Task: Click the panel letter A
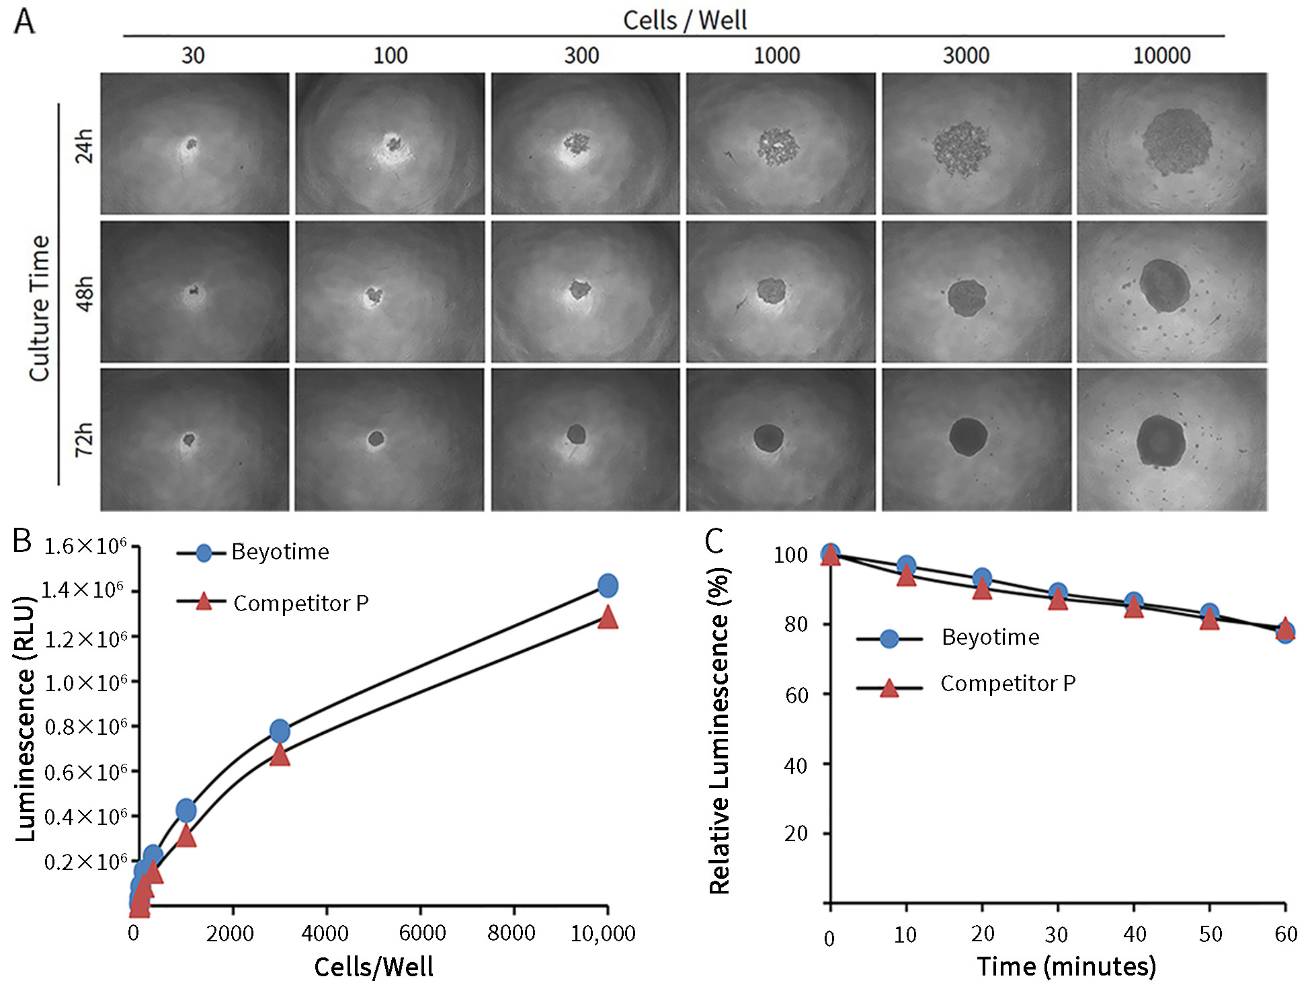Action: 24,22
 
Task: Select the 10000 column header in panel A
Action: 1161,55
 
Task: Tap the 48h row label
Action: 84,293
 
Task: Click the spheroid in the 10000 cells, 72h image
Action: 1161,441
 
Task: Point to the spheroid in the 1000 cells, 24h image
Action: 778,147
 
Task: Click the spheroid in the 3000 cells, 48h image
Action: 967,298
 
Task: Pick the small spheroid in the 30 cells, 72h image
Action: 189,440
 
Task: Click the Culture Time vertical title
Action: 40,308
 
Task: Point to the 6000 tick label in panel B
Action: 422,933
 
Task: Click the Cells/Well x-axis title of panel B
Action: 374,967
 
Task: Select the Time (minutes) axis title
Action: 1066,966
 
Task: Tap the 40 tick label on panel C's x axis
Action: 1135,934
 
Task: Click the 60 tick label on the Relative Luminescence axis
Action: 796,695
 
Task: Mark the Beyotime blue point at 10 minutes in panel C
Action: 906,565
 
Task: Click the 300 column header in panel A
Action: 581,55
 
